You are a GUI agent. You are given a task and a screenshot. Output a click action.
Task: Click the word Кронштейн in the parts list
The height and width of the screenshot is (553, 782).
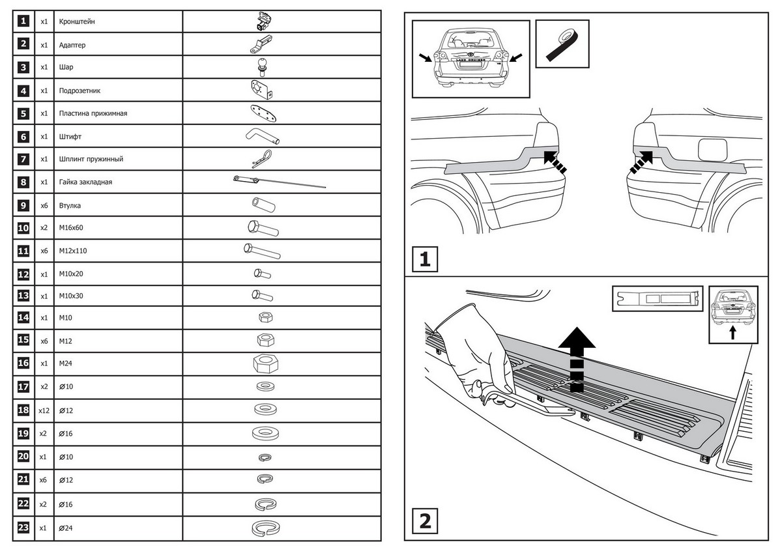pyautogui.click(x=78, y=21)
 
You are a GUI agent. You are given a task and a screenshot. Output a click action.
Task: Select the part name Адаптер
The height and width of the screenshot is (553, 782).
pyautogui.click(x=72, y=45)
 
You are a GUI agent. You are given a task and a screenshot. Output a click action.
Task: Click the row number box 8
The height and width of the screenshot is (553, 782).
pyautogui.click(x=23, y=182)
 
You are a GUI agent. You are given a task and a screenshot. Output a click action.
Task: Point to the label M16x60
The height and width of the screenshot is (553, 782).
pyautogui.click(x=71, y=228)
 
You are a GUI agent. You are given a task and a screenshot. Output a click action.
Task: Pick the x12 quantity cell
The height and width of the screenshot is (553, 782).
pyautogui.click(x=44, y=410)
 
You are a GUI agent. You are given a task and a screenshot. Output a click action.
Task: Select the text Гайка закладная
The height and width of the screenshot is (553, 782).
pyautogui.click(x=85, y=182)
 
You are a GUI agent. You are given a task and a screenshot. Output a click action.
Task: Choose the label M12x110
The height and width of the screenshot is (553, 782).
pyautogui.click(x=73, y=250)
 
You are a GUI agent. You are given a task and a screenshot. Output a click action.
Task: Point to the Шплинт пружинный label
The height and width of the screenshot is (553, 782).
pyautogui.click(x=91, y=159)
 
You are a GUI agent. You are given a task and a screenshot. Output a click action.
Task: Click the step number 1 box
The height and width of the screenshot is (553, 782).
pyautogui.click(x=424, y=259)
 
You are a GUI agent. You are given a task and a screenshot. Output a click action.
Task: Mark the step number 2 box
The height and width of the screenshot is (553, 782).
pyautogui.click(x=424, y=521)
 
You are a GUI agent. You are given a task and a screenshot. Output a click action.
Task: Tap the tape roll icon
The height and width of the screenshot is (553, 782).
pyautogui.click(x=562, y=43)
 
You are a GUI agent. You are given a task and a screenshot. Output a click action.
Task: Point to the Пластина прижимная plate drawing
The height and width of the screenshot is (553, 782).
pyautogui.click(x=263, y=113)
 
